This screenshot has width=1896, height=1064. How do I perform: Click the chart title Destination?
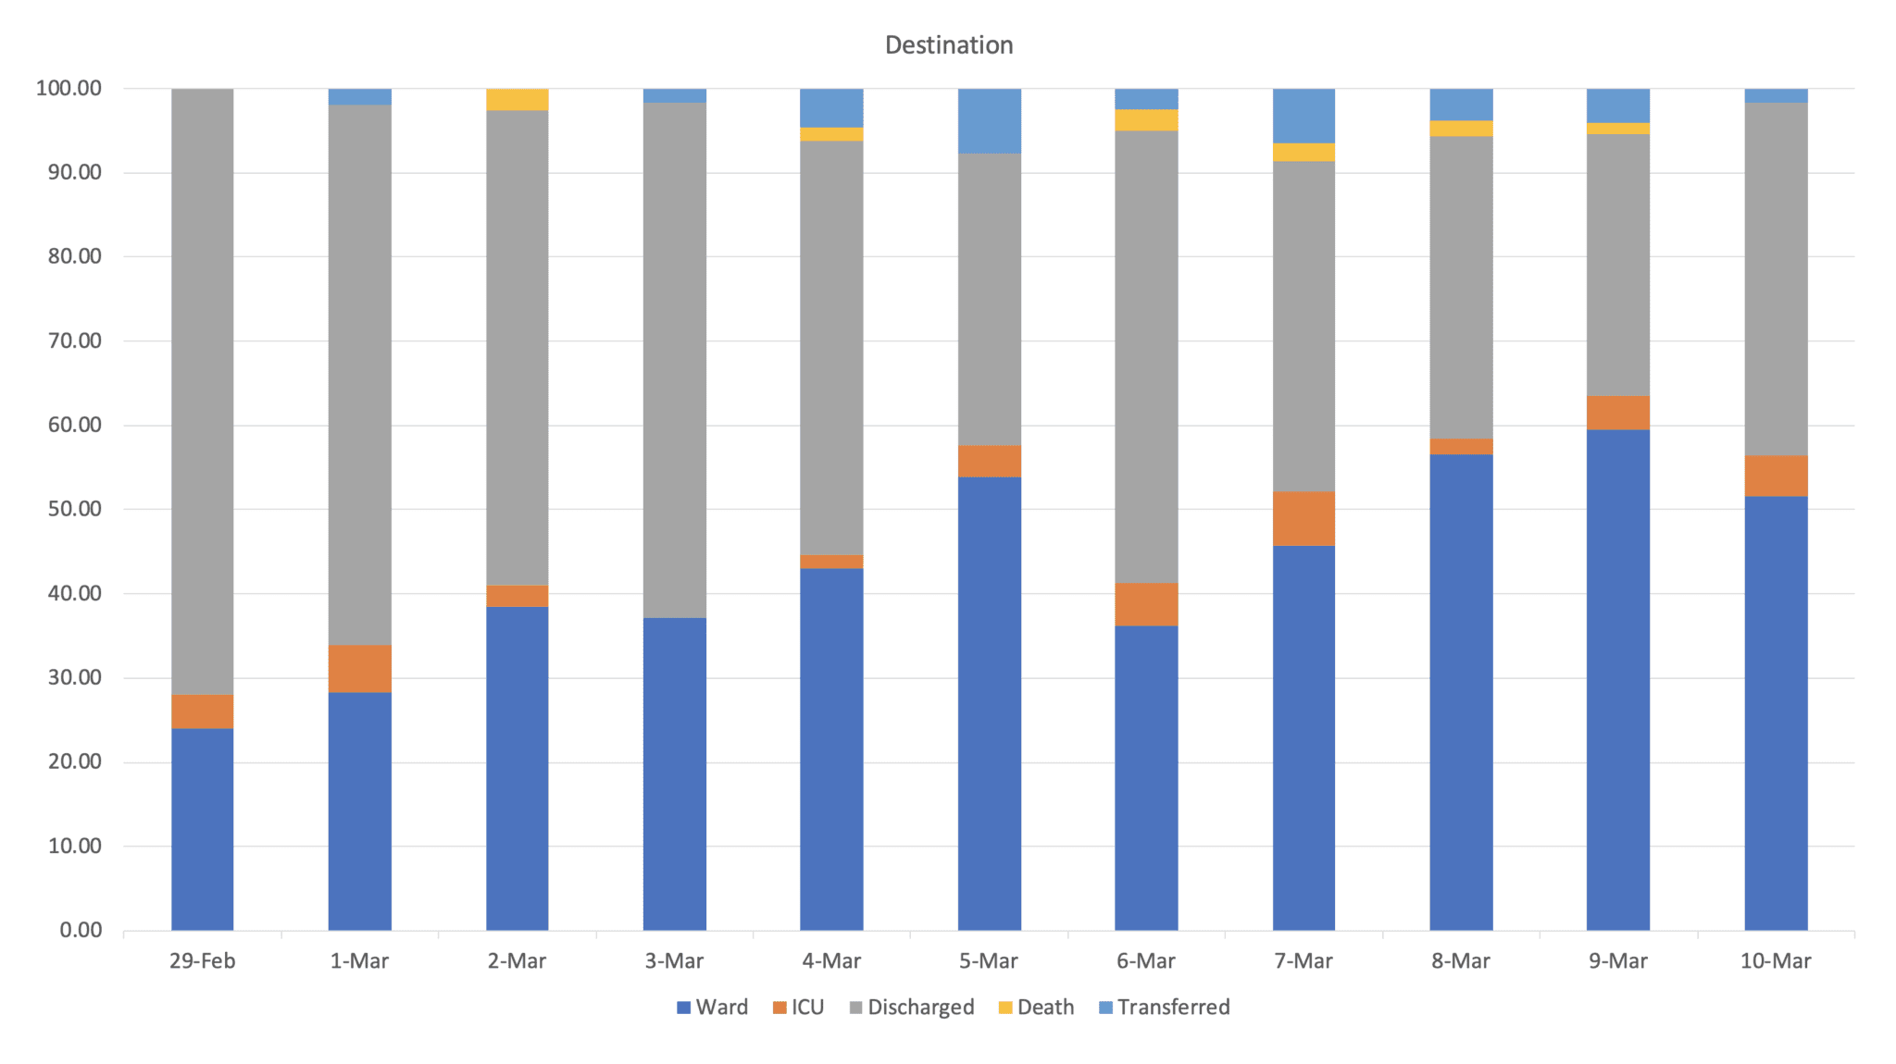click(949, 45)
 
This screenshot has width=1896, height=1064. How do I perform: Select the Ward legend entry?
click(712, 1008)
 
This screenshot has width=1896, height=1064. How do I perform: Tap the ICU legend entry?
click(798, 1008)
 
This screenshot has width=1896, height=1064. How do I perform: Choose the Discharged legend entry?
click(911, 1008)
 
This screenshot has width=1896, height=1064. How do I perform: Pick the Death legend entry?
click(1036, 1008)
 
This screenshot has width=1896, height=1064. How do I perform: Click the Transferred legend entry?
click(1164, 1008)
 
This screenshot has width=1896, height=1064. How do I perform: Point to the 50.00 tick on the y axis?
click(69, 509)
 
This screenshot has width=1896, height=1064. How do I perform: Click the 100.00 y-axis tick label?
click(69, 89)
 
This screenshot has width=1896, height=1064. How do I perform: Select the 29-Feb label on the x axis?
click(203, 961)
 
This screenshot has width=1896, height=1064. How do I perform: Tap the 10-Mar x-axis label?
click(1776, 961)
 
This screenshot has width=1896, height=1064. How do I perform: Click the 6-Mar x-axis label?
click(1146, 961)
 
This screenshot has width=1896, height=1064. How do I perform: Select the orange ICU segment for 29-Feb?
click(203, 711)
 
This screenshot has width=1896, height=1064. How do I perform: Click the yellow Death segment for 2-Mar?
click(518, 100)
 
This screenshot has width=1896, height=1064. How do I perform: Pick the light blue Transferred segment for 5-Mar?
click(989, 121)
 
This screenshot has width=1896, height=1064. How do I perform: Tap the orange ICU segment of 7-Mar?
click(1303, 518)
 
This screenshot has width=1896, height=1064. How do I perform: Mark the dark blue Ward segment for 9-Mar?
click(1618, 680)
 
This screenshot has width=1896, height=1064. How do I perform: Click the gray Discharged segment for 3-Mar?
click(675, 360)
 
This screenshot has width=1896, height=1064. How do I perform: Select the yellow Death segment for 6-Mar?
click(1146, 120)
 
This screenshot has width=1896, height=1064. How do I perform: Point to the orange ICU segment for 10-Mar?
click(1776, 476)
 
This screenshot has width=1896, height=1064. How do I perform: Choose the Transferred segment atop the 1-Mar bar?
click(360, 97)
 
